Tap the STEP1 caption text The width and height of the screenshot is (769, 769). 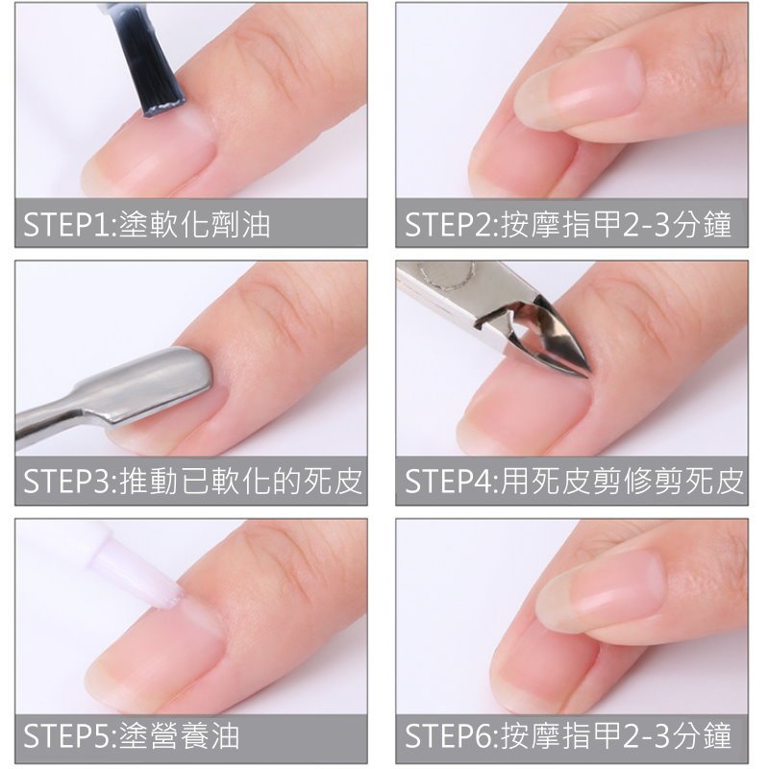(147, 225)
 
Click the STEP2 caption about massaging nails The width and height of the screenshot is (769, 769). (568, 225)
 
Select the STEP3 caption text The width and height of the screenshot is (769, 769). (193, 482)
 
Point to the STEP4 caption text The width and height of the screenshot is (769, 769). (574, 482)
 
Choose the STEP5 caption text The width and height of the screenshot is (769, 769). (132, 736)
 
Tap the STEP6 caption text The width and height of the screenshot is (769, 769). (568, 736)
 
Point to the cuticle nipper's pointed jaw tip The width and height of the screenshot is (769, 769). (585, 374)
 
